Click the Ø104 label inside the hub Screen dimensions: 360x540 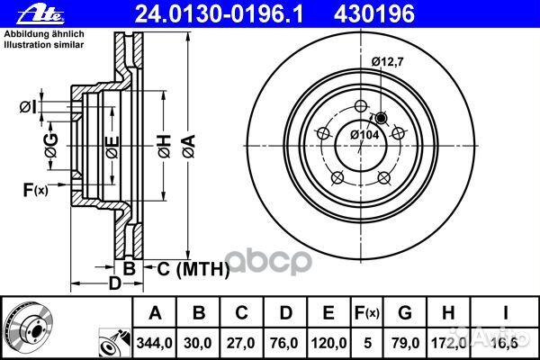coord(363,134)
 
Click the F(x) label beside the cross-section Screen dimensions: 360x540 coord(35,189)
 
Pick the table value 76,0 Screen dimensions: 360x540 coord(285,341)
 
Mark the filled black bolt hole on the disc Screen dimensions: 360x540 coord(381,118)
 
